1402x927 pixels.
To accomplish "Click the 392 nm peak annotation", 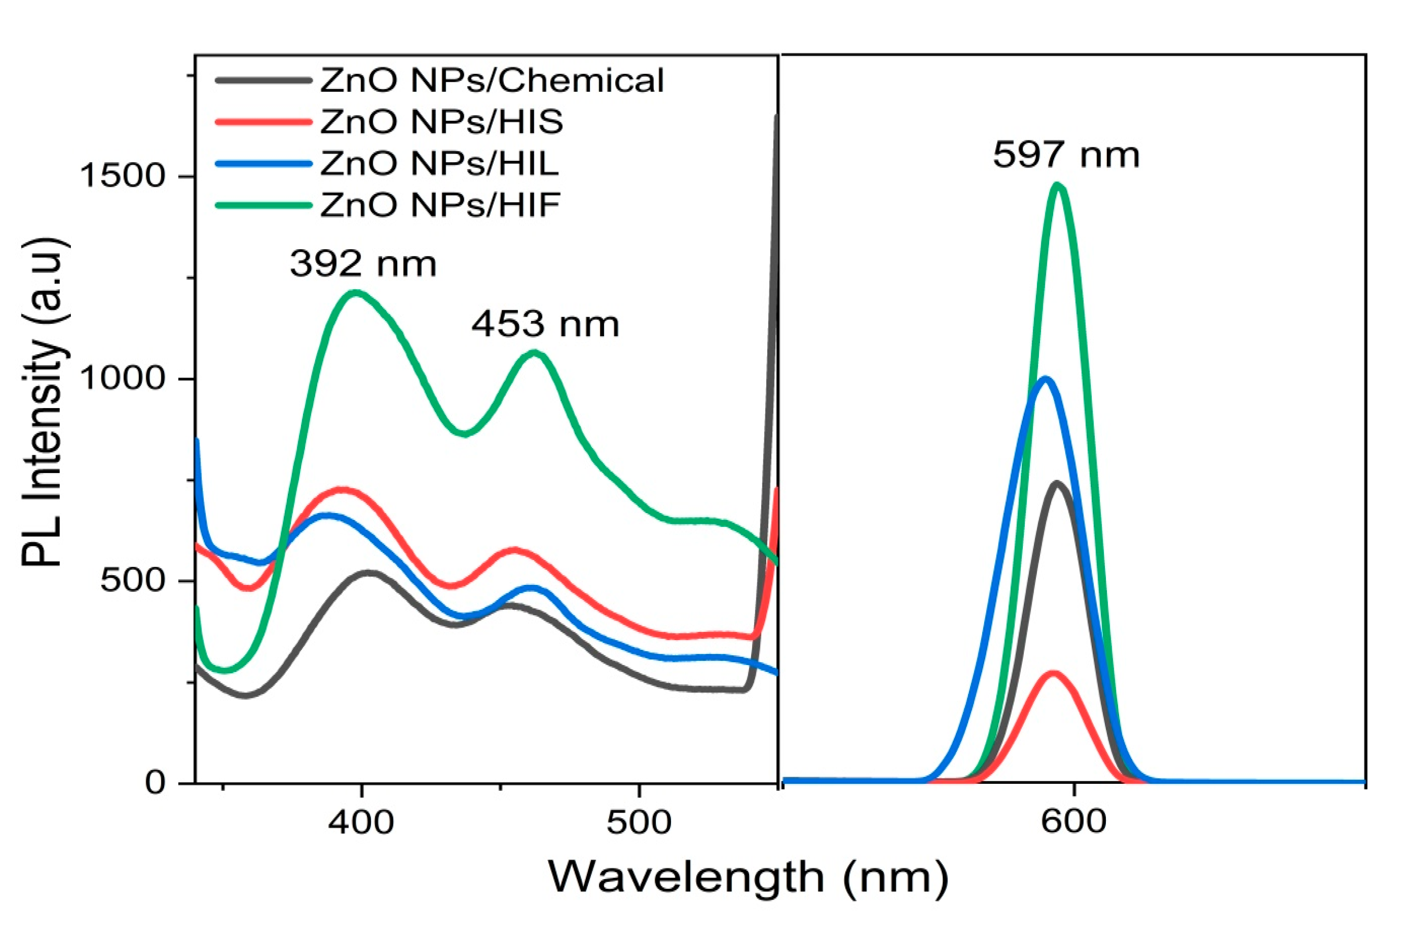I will (x=363, y=264).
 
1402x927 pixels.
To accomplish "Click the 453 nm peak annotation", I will (x=545, y=324).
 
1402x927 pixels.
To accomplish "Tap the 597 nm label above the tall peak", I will (x=1066, y=155).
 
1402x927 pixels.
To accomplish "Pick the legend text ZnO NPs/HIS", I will (x=442, y=122).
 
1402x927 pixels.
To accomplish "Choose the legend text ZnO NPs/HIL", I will (x=440, y=163).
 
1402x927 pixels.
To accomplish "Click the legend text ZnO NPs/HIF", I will (x=440, y=205).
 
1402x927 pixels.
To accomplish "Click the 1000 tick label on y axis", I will (x=122, y=378).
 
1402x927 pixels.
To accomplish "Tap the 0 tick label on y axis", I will (x=155, y=782).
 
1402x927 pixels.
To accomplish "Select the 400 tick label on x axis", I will (x=361, y=822).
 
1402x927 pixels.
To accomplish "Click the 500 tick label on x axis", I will (x=640, y=822).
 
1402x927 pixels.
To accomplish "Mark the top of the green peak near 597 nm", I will (x=1057, y=186).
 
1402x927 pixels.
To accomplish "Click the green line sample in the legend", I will (x=263, y=205).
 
